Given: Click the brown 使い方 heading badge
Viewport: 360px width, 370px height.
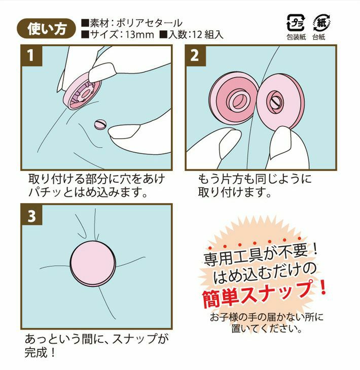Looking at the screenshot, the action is [x=46, y=28].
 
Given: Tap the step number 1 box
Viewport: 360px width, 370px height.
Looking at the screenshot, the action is [x=31, y=56].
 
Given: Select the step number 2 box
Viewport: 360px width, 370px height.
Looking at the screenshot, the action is [x=195, y=56].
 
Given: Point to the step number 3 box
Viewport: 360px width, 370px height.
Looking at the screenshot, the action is [x=31, y=215].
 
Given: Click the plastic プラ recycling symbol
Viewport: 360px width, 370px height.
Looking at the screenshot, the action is [x=296, y=23].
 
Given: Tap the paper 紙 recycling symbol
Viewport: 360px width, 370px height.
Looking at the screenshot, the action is [x=322, y=23].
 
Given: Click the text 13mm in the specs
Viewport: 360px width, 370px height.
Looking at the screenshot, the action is [x=139, y=35].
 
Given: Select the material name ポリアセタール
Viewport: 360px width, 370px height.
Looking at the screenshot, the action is [x=149, y=23].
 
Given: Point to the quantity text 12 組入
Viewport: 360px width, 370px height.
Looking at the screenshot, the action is [x=208, y=35].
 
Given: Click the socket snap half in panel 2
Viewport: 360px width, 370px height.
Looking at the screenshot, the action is [x=232, y=98].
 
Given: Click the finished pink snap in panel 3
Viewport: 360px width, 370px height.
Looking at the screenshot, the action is [x=93, y=263].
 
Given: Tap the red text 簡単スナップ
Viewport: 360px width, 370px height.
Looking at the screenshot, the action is [x=264, y=294].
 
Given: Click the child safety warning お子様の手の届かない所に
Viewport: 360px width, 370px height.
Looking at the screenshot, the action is [x=267, y=317].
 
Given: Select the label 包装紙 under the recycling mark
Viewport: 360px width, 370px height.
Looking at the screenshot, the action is [x=296, y=37].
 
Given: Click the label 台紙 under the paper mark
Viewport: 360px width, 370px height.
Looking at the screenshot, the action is [x=319, y=37].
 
